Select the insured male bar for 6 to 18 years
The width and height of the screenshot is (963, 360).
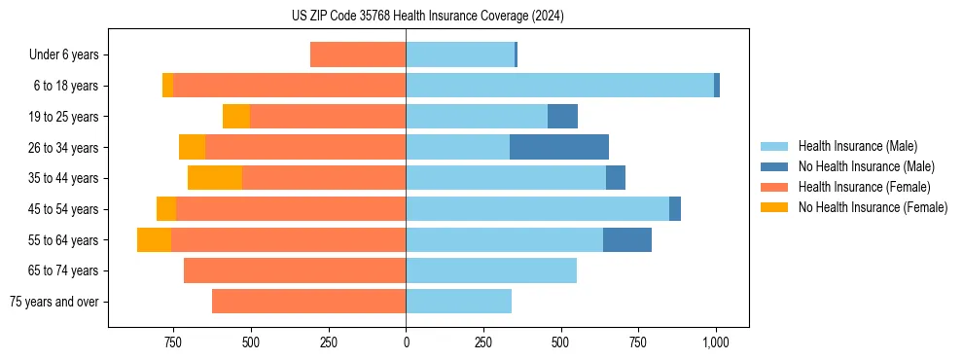tap(559, 86)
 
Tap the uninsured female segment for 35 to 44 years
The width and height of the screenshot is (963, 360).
tap(215, 178)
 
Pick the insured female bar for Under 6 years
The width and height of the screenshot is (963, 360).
tap(358, 54)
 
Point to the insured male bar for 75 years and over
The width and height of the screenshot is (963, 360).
tap(458, 302)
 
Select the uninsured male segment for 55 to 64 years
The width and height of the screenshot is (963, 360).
tap(627, 239)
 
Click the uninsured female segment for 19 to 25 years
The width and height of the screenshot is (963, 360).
tap(236, 117)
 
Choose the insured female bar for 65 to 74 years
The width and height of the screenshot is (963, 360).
tap(295, 270)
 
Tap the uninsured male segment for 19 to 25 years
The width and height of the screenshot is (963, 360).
tap(562, 117)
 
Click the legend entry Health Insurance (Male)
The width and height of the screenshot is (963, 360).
tap(857, 146)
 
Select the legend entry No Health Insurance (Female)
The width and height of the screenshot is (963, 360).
tap(873, 207)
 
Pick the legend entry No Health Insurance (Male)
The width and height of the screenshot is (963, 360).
tap(866, 166)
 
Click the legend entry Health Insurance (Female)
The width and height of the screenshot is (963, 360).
tap(864, 187)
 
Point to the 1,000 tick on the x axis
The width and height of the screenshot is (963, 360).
tap(716, 342)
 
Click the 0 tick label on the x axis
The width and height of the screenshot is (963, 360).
tap(406, 342)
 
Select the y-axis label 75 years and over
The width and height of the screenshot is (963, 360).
tap(54, 302)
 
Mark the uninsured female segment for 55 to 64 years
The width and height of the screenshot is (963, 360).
tap(154, 239)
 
